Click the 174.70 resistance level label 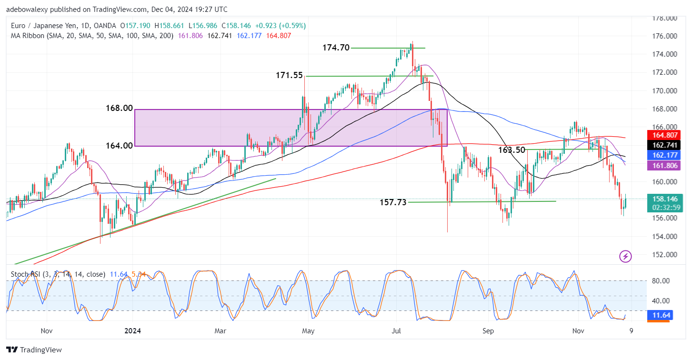tap(336, 48)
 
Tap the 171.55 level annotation tap(289, 75)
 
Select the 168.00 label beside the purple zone tap(119, 109)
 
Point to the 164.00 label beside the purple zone tap(119, 145)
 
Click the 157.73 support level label tap(393, 202)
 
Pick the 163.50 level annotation tap(511, 150)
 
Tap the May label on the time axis tap(309, 330)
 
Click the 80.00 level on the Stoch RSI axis tap(662, 280)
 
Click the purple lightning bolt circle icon tap(625, 257)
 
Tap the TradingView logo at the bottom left tap(34, 350)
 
